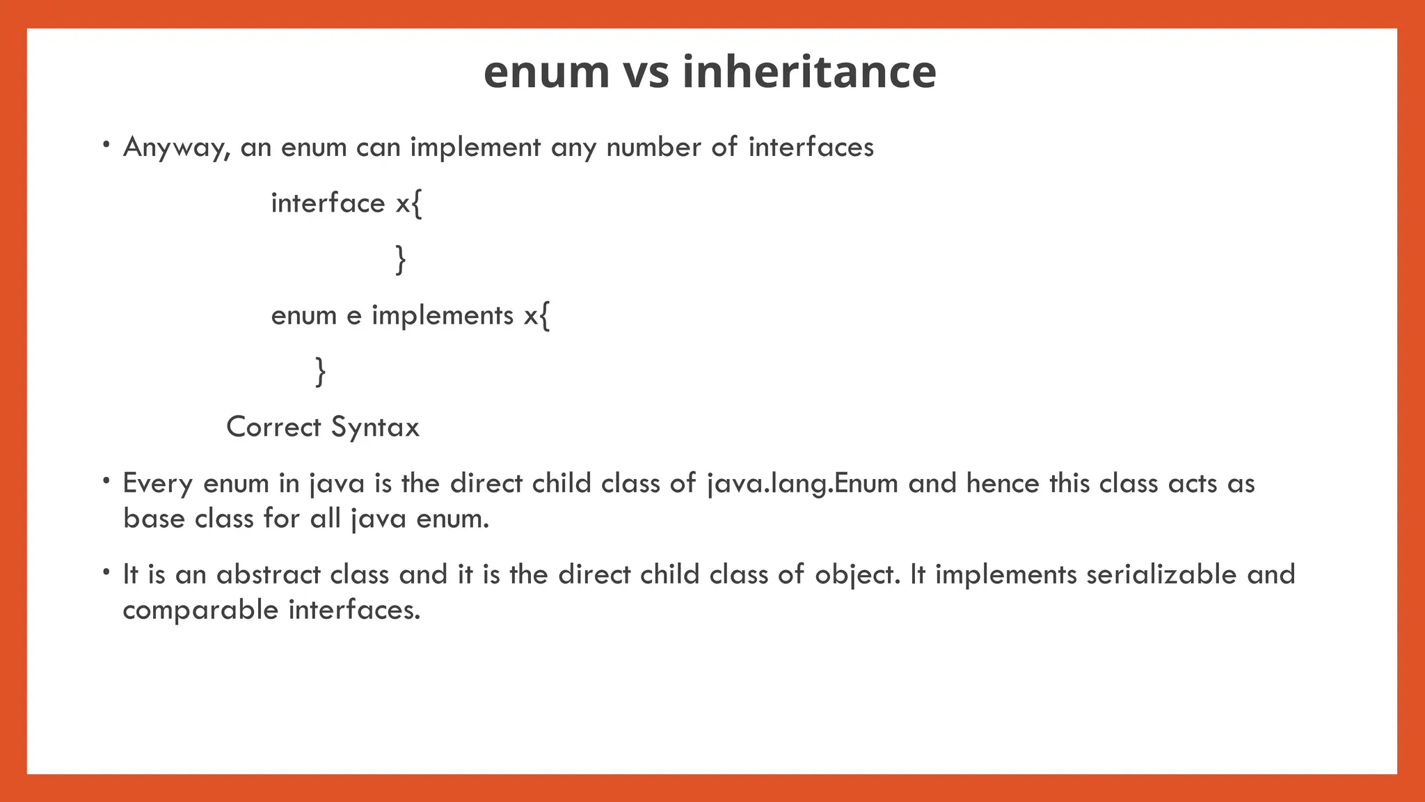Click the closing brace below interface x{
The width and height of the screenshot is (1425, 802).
pyautogui.click(x=400, y=260)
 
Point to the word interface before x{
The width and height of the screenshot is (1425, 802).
pyautogui.click(x=328, y=203)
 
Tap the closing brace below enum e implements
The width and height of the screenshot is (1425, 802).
pyautogui.click(x=320, y=371)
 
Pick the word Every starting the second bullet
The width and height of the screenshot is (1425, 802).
pyautogui.click(x=157, y=483)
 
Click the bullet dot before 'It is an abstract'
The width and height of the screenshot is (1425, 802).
pyautogui.click(x=106, y=572)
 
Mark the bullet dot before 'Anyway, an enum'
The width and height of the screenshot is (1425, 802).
pyautogui.click(x=106, y=145)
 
